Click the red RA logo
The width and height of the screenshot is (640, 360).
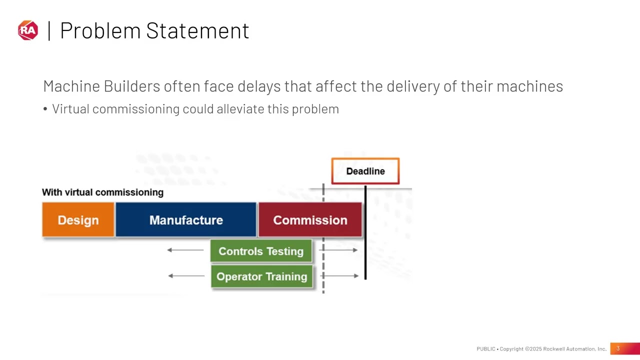[x=28, y=30]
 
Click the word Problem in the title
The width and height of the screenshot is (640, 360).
[x=100, y=31]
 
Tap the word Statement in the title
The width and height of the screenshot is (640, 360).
[x=197, y=31]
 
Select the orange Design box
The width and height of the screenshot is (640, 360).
[x=78, y=220]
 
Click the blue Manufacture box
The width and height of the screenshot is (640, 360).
[x=186, y=220]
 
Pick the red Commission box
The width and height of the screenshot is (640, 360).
[x=310, y=220]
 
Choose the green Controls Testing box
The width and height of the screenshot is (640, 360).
[x=261, y=251]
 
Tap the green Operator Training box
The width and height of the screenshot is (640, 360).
[x=262, y=276]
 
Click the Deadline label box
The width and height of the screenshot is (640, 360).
[x=365, y=171]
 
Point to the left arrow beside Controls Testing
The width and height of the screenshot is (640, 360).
[x=185, y=249]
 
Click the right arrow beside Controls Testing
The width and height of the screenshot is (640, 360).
[x=340, y=249]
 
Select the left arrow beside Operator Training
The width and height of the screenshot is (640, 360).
[x=186, y=275]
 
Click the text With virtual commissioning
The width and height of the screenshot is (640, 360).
[x=102, y=192]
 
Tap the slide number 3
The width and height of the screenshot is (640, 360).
[x=618, y=348]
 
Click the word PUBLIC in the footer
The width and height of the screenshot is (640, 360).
[x=485, y=349]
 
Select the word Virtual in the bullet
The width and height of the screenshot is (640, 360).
[x=70, y=109]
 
